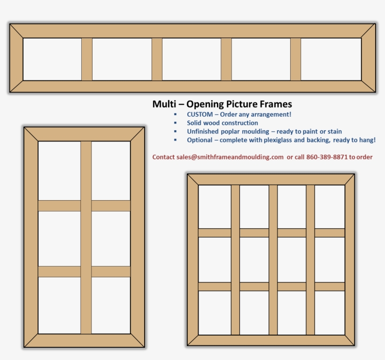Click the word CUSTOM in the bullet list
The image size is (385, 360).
[x=199, y=114]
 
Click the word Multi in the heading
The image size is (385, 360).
[x=163, y=104]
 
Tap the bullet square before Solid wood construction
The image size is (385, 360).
[x=175, y=123]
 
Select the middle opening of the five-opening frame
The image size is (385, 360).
[x=191, y=59]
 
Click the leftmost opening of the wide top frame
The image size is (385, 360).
[x=52, y=59]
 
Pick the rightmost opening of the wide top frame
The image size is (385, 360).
[x=331, y=59]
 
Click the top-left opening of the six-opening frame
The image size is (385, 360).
[x=59, y=171]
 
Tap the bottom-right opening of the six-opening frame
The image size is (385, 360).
[x=111, y=305]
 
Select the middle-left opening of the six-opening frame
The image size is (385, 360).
[x=59, y=238]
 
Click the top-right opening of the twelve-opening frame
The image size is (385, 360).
[x=330, y=206]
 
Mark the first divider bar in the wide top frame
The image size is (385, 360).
[x=87, y=59]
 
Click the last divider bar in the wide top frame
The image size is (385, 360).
[x=295, y=59]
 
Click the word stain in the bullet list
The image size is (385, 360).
[x=334, y=132]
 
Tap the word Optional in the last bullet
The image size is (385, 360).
[x=200, y=140]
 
